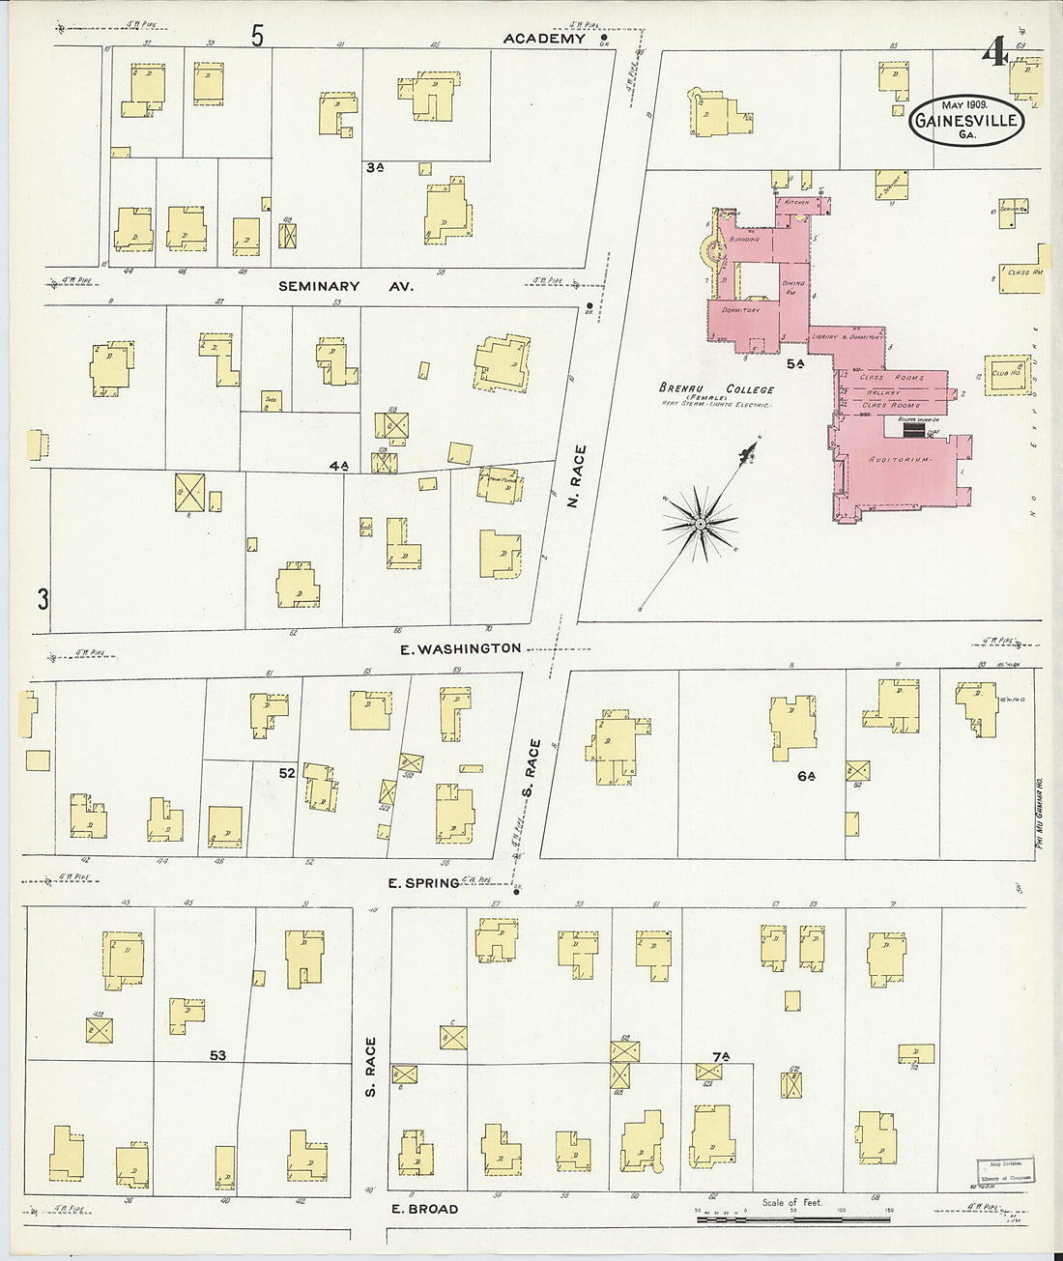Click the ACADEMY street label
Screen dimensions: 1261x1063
(544, 39)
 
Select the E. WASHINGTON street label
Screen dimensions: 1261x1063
(461, 648)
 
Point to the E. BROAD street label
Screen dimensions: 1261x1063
(424, 1209)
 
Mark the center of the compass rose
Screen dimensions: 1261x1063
(700, 524)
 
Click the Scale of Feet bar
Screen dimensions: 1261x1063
(792, 1220)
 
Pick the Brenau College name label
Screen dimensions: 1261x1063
(716, 389)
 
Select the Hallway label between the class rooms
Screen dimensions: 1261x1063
(884, 392)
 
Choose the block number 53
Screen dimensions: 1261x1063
(217, 1056)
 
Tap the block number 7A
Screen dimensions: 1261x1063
(718, 1057)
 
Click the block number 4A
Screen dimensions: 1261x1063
(337, 466)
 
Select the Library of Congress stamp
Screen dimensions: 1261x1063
(1003, 1170)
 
